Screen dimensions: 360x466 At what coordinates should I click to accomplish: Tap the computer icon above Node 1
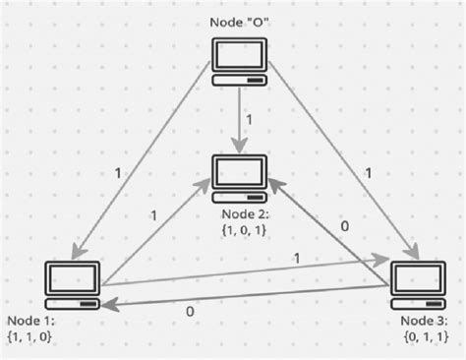pos(73,284)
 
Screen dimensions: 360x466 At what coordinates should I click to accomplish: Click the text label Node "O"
pos(239,22)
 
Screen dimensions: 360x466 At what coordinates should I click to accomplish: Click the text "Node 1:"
pos(31,322)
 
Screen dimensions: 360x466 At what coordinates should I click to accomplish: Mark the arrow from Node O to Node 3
pos(344,162)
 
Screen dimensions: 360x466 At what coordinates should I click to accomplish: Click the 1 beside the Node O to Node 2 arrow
pos(250,119)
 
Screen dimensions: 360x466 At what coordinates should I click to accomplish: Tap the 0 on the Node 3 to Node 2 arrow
pos(343,225)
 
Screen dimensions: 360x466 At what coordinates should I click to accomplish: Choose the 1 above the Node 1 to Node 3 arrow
pos(296,259)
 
